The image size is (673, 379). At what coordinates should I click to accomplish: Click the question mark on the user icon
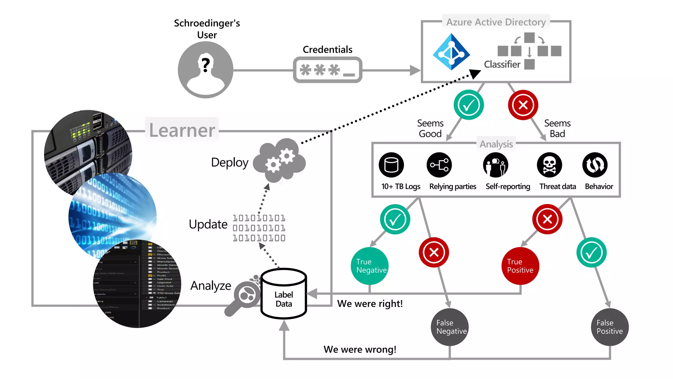pyautogui.click(x=206, y=65)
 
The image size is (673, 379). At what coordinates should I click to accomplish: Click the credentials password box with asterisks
pyautogui.click(x=327, y=70)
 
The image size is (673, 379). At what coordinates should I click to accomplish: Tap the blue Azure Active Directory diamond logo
pyautogui.click(x=451, y=52)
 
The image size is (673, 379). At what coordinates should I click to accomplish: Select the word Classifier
pyautogui.click(x=502, y=64)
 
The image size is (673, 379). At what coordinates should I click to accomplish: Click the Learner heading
pyautogui.click(x=182, y=130)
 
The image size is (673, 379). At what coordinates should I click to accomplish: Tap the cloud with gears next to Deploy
pyautogui.click(x=280, y=160)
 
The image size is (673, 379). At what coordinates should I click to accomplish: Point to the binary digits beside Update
pyautogui.click(x=259, y=228)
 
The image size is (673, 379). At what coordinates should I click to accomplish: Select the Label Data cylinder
pyautogui.click(x=284, y=294)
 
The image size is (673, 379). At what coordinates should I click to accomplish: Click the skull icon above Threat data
pyautogui.click(x=549, y=165)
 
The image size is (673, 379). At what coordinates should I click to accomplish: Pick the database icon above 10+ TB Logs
pyautogui.click(x=391, y=165)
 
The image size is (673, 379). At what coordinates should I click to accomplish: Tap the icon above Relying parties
pyautogui.click(x=439, y=165)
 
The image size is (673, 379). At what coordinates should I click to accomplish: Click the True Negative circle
pyautogui.click(x=370, y=266)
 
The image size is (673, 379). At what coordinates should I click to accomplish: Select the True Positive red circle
pyautogui.click(x=520, y=266)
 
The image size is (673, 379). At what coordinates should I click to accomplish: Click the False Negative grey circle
pyautogui.click(x=450, y=327)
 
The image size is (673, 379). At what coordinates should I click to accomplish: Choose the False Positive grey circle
pyautogui.click(x=610, y=327)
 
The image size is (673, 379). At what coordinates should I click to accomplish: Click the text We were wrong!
pyautogui.click(x=360, y=349)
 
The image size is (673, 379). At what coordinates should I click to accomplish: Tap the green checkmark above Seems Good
pyautogui.click(x=468, y=105)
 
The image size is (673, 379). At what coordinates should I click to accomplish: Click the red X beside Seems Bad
pyautogui.click(x=523, y=105)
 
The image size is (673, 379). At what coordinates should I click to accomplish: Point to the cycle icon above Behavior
pyautogui.click(x=595, y=165)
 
